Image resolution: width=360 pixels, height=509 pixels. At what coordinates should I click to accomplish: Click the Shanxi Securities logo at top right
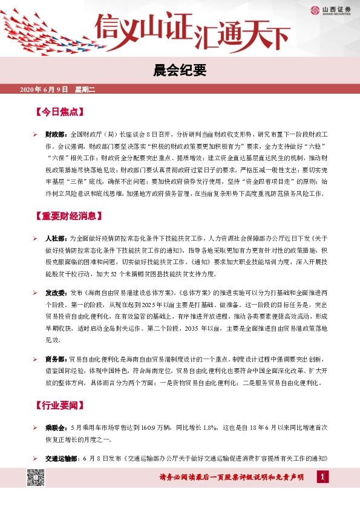pos(332,10)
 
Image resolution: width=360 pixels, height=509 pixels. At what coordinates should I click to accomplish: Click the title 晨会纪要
pos(180,71)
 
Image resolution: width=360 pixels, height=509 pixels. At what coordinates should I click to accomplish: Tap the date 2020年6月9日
pos(46,90)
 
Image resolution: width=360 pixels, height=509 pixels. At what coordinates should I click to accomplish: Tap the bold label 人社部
pos(56,239)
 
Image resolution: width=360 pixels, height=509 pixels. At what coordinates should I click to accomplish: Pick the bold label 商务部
pos(56,359)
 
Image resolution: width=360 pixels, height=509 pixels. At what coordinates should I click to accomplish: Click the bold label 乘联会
pos(56,427)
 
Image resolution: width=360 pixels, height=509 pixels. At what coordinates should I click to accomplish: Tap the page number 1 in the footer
pos(323,478)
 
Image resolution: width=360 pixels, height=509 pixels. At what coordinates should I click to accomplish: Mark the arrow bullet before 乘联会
pos(35,427)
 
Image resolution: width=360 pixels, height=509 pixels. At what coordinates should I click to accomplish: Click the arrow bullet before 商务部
pos(35,359)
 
